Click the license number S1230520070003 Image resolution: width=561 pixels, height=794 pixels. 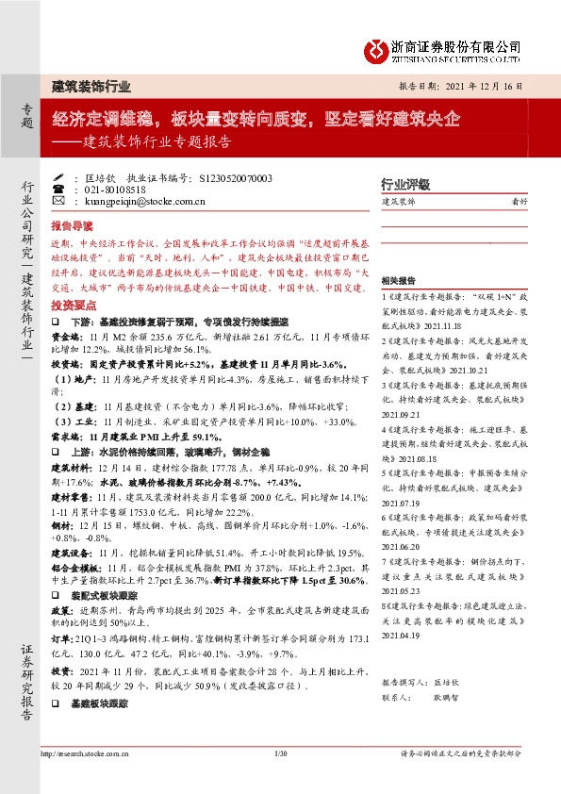click(x=237, y=177)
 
